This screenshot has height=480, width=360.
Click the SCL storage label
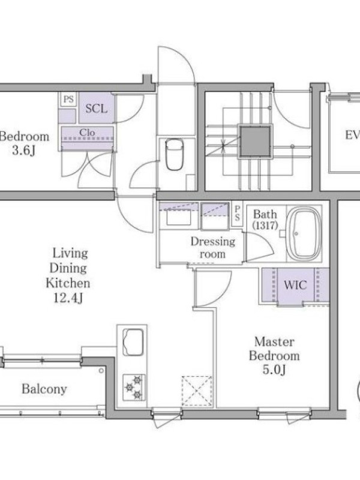click(x=97, y=109)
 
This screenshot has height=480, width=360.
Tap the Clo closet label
click(x=87, y=133)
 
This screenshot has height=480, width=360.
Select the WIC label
click(x=295, y=285)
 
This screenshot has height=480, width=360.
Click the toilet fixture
click(x=174, y=154)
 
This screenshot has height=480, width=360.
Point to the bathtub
click(x=304, y=234)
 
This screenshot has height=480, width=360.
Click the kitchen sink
click(x=133, y=342)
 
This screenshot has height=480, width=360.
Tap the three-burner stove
click(x=134, y=387)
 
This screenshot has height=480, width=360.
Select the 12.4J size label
click(x=68, y=298)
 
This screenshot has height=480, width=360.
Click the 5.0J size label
click(x=274, y=370)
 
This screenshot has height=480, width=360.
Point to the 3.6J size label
click(x=23, y=151)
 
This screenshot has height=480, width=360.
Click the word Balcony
click(x=44, y=389)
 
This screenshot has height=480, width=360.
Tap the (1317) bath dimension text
click(x=265, y=226)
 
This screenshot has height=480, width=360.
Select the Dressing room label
click(x=213, y=248)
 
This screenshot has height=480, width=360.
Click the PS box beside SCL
click(x=68, y=99)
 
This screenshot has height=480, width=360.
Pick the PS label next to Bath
click(x=237, y=213)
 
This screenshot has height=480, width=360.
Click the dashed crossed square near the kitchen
click(x=197, y=391)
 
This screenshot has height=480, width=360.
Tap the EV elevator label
click(x=352, y=134)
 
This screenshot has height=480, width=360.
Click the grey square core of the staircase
click(x=256, y=142)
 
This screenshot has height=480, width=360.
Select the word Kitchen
click(x=68, y=283)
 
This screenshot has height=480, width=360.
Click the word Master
click(x=274, y=341)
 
